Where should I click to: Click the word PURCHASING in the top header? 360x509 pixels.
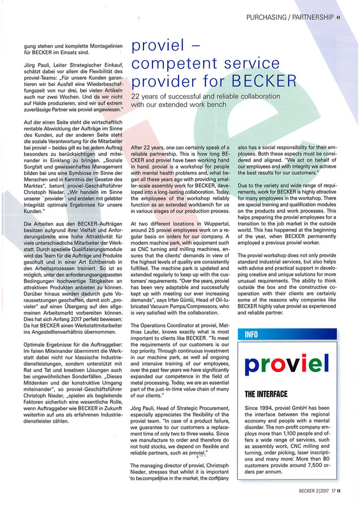coord(264,18)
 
